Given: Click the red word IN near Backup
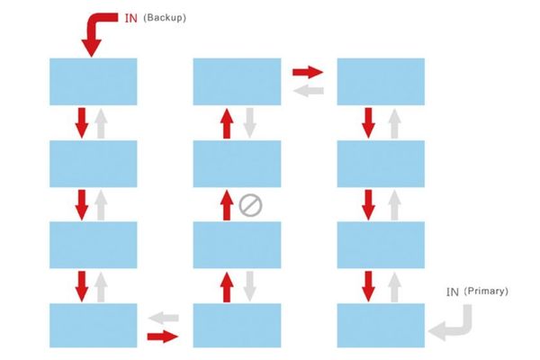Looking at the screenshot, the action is click(x=130, y=18).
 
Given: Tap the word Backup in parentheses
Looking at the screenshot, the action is click(x=165, y=18).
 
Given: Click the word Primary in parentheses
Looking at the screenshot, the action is click(x=486, y=291).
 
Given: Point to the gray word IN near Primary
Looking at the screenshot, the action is click(x=453, y=292).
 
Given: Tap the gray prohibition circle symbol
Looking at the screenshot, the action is click(x=250, y=206).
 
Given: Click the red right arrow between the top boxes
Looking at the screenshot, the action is click(x=308, y=72).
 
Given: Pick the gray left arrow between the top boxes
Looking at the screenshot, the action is click(x=308, y=91).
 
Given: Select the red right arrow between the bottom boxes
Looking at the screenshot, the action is click(x=163, y=337).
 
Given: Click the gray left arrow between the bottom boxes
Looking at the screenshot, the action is click(x=164, y=318).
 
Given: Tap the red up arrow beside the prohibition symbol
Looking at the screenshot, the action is click(x=226, y=205).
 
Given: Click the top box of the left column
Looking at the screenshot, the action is click(x=94, y=82).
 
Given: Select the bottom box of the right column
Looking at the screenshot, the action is click(x=381, y=326).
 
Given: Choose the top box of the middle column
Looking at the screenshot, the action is click(x=237, y=82).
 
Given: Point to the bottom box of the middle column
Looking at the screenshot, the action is click(x=237, y=326).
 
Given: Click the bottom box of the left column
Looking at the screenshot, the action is click(x=94, y=326).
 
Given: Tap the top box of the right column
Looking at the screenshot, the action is click(x=381, y=82).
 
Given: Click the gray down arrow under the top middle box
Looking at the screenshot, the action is click(x=249, y=123).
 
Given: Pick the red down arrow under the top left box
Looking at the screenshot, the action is click(x=82, y=123).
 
